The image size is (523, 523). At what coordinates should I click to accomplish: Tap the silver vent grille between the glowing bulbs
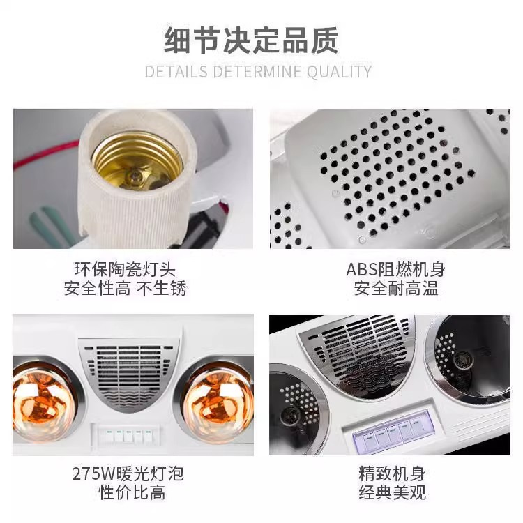click(x=130, y=373)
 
